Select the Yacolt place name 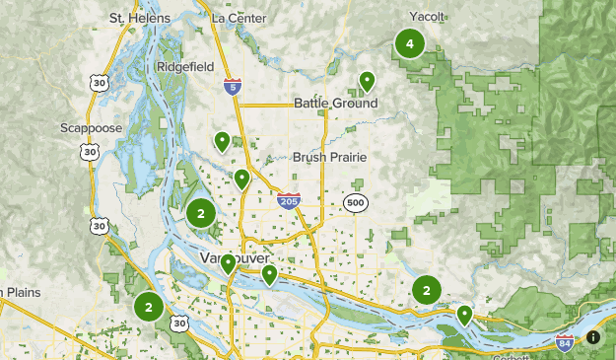click(426, 17)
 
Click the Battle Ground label click(335, 104)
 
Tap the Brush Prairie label click(329, 157)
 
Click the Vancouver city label click(235, 257)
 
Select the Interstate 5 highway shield click(231, 88)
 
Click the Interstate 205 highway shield click(288, 200)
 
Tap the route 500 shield click(356, 203)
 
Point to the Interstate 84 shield click(564, 343)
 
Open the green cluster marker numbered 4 click(409, 43)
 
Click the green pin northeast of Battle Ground click(367, 80)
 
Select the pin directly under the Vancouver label click(228, 263)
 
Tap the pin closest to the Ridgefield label click(222, 141)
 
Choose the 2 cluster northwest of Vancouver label click(201, 213)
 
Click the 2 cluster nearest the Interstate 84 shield click(426, 290)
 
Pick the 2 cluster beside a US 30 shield click(149, 306)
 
